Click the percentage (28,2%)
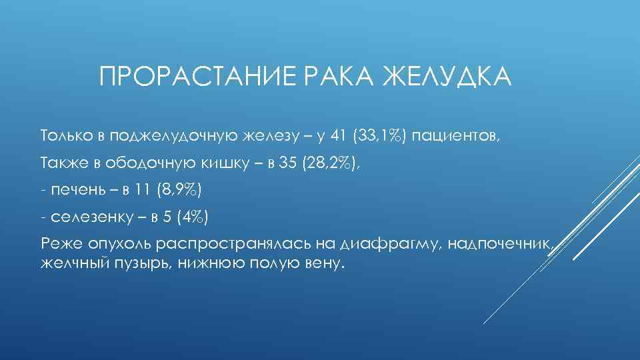point(331,163)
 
